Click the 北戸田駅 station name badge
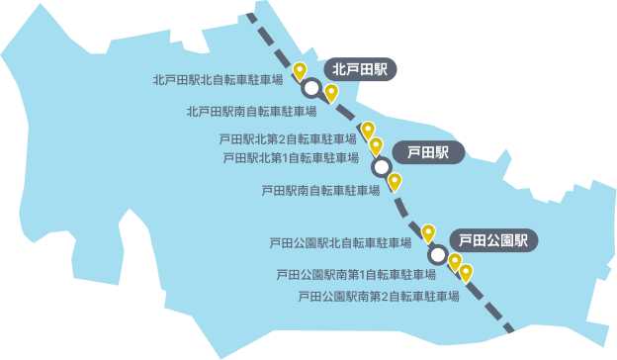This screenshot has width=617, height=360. [360, 69]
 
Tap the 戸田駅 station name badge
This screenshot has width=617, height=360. [427, 152]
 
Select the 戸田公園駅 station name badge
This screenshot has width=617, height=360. [493, 239]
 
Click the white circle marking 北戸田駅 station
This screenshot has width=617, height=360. [311, 88]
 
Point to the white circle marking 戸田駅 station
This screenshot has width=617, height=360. [381, 167]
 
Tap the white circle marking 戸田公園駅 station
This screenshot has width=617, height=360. [437, 253]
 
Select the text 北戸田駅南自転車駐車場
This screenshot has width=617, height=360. [251, 112]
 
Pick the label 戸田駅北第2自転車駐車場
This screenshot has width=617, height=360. [287, 138]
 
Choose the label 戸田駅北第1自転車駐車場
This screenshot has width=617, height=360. [291, 157]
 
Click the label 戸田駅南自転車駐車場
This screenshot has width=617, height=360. [320, 190]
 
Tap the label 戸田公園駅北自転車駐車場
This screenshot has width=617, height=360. [340, 242]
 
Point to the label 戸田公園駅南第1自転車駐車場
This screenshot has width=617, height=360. [356, 274]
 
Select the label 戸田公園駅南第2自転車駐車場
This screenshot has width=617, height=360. [379, 296]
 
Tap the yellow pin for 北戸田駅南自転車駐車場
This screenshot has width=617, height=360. [331, 93]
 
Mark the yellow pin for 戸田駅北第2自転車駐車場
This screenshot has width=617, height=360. [368, 130]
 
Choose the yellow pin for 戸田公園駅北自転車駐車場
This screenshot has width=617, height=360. [428, 233]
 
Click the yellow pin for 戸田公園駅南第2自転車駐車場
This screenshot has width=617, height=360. [466, 272]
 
